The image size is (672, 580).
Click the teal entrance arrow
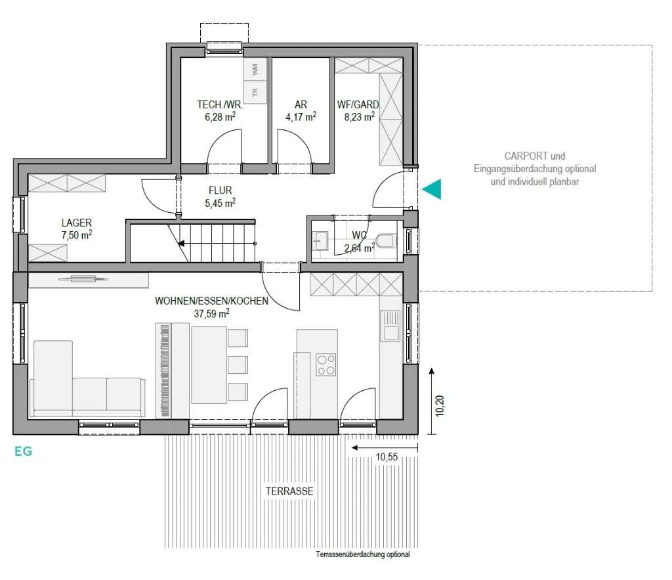[432, 189]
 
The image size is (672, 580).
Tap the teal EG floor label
[23, 451]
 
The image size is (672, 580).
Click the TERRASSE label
[289, 491]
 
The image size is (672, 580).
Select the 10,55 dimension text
[387, 457]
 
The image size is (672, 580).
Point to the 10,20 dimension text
[439, 406]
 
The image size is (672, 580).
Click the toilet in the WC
[387, 241]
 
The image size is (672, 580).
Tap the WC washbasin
[320, 241]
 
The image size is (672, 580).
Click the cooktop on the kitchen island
[325, 365]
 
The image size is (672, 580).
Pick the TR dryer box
[255, 91]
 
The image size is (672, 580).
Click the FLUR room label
[220, 190]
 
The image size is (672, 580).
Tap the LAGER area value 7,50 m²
[77, 235]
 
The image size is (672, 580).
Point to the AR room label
[301, 104]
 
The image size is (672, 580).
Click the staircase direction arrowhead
[181, 244]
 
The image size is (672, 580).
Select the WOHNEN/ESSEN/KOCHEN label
[212, 301]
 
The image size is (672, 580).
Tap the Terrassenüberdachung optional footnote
[362, 554]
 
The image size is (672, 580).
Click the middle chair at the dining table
[238, 365]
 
